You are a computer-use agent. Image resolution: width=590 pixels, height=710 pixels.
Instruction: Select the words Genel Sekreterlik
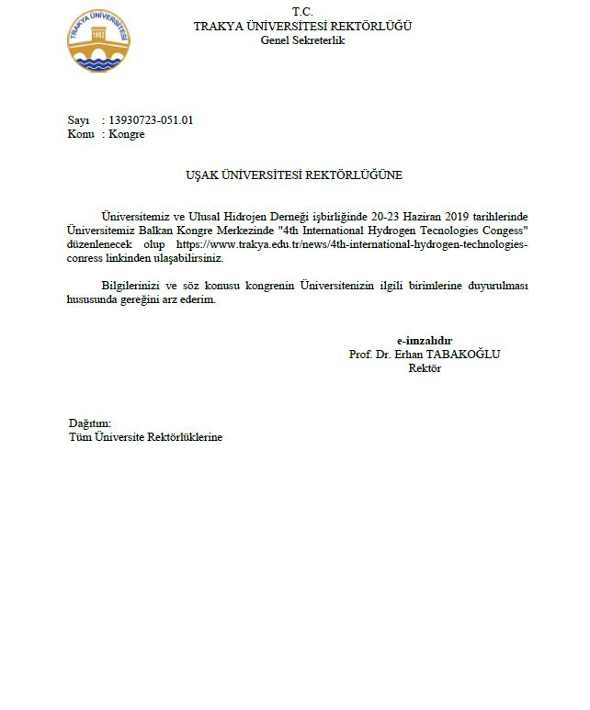tap(302, 40)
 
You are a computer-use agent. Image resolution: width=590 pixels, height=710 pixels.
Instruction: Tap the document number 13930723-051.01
tap(151, 120)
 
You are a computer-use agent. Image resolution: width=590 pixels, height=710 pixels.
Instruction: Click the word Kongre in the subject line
tap(127, 134)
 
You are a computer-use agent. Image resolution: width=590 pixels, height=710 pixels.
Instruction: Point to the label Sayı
tap(79, 120)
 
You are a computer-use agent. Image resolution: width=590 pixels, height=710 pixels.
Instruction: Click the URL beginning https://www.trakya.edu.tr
tap(351, 245)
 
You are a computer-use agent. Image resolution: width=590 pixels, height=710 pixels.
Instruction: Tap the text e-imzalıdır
tap(424, 340)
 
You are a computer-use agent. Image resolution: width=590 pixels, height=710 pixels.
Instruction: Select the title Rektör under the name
tap(425, 368)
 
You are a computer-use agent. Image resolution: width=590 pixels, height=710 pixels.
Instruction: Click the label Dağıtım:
tap(90, 423)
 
